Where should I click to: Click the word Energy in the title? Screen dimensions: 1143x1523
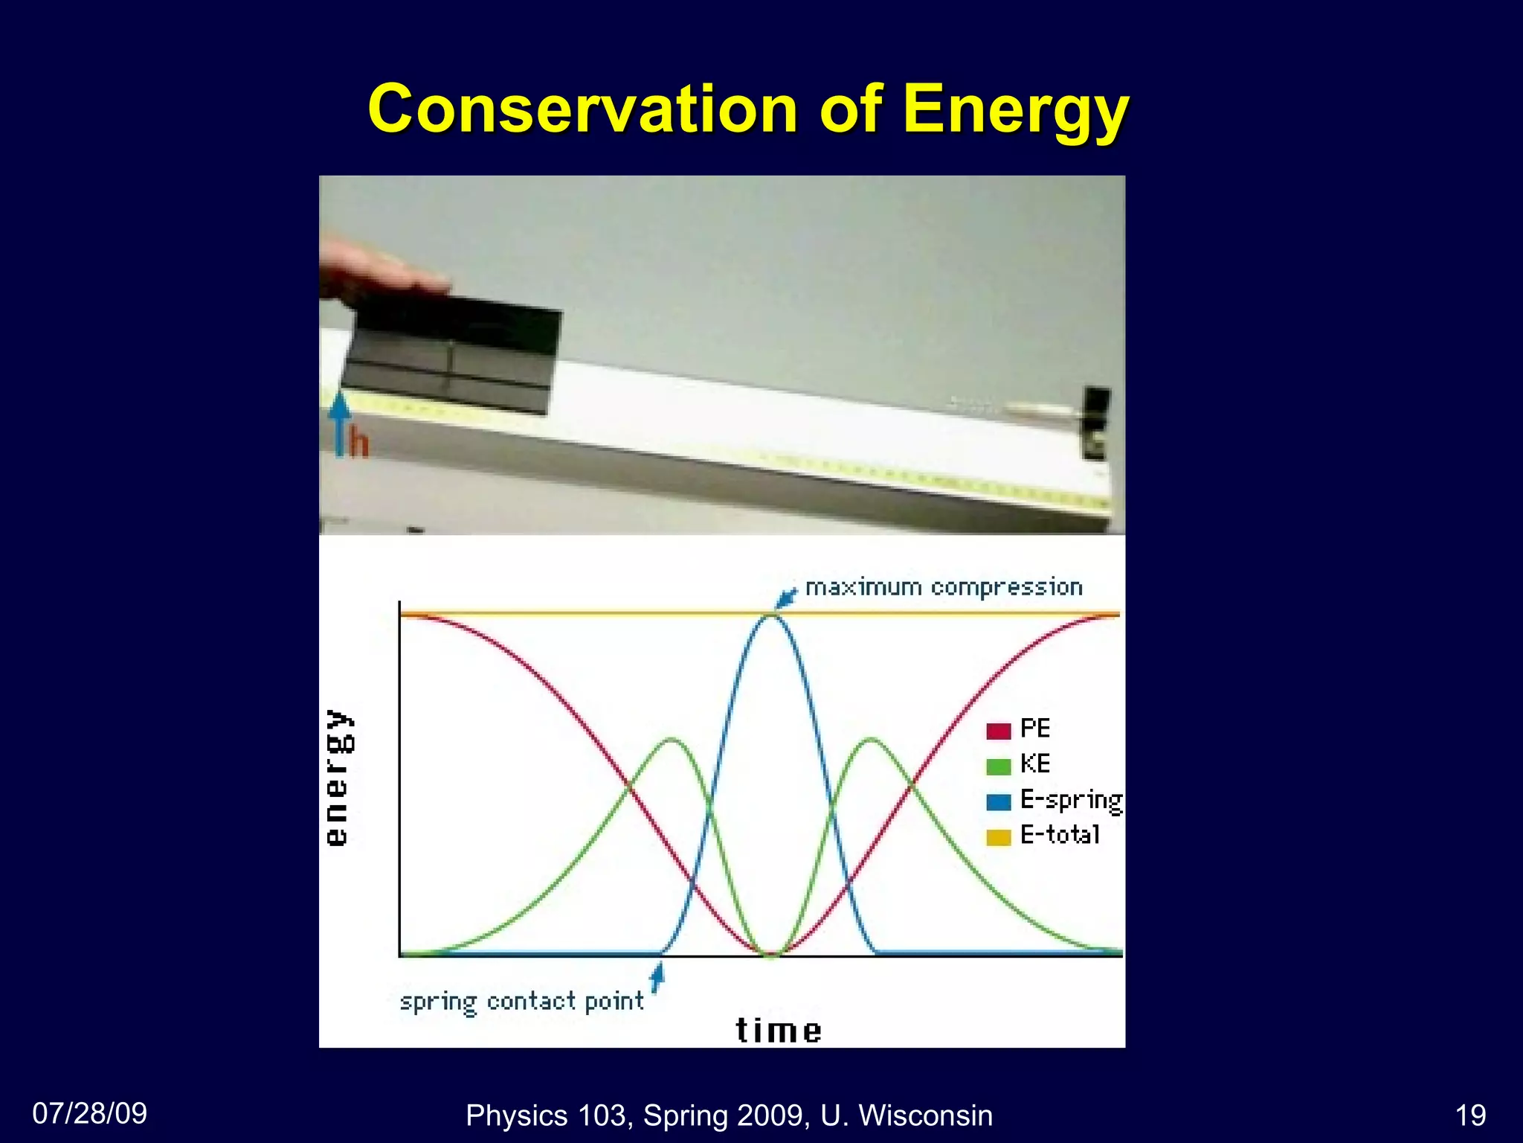tap(1016, 110)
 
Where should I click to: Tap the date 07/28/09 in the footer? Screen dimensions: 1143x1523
tap(90, 1113)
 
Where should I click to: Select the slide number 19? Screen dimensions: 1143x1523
tap(1470, 1115)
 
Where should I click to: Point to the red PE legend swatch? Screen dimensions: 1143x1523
tap(998, 730)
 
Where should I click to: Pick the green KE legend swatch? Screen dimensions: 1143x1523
tap(998, 766)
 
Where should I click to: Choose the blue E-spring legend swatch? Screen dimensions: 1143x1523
tap(998, 801)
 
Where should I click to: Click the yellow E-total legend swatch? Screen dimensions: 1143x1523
tap(998, 837)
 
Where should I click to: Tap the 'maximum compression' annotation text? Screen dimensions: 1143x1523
tap(944, 588)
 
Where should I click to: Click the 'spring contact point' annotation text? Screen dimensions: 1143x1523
tap(521, 1002)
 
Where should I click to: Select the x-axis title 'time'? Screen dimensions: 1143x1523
tap(779, 1031)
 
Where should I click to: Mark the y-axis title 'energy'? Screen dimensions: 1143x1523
tap(338, 777)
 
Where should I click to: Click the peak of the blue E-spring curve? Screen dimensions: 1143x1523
tap(773, 616)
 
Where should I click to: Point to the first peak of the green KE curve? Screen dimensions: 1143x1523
tap(672, 739)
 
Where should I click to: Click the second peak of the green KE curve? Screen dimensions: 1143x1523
tap(872, 739)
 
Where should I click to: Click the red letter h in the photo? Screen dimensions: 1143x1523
tap(359, 444)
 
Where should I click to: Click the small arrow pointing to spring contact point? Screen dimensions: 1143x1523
tap(656, 977)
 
